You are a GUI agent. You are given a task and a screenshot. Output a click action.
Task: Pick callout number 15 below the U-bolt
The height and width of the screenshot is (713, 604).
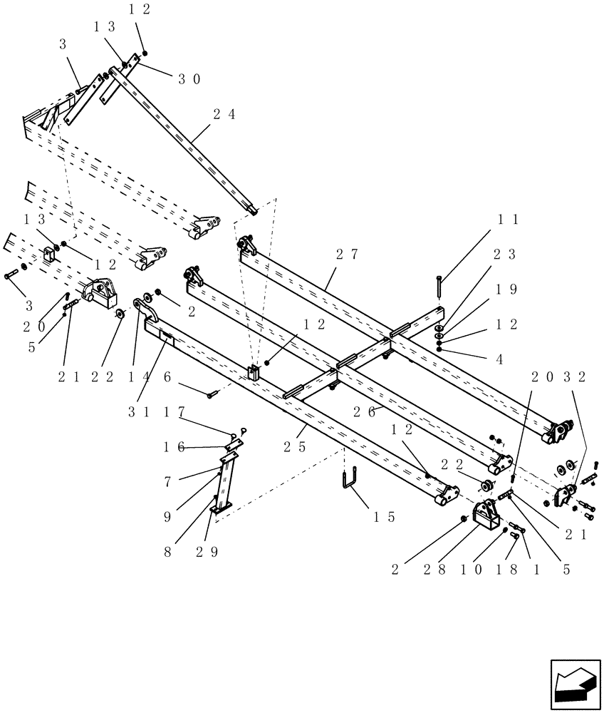tap(383, 517)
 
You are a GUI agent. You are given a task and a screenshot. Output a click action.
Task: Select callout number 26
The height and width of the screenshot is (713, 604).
tap(363, 410)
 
